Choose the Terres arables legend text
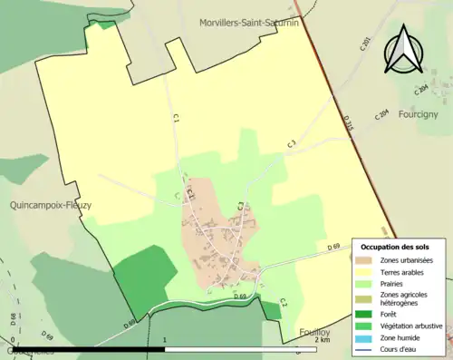tap(404, 271)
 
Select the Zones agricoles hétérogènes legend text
tap(404, 298)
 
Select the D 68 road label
tap(14, 319)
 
